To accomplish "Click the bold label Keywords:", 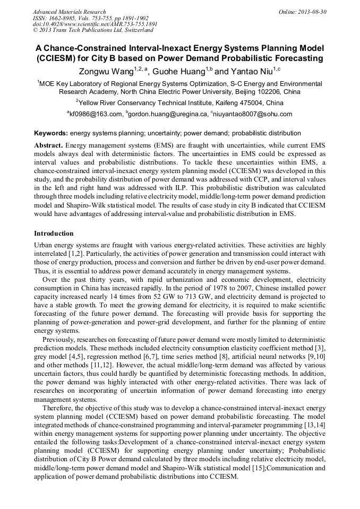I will pyautogui.click(x=51, y=133).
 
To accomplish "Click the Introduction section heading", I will pyautogui.click(x=54, y=234).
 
